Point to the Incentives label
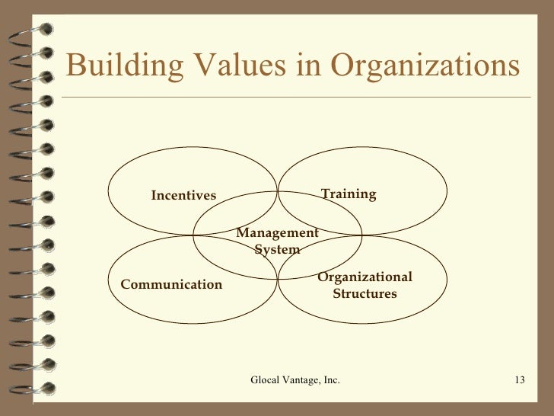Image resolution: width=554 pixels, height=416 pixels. click(183, 197)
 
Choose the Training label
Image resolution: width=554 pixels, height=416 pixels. click(349, 194)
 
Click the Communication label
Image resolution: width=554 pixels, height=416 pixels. click(171, 285)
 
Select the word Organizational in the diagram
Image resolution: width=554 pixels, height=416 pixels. click(365, 277)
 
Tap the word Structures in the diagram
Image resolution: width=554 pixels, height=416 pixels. click(365, 293)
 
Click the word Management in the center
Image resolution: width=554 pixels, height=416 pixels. click(277, 233)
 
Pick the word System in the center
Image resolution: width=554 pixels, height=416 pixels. click(277, 249)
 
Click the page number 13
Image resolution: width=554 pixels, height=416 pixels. click(521, 380)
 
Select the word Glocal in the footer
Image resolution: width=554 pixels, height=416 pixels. click(266, 380)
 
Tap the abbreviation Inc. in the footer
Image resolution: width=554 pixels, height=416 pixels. click(332, 380)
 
